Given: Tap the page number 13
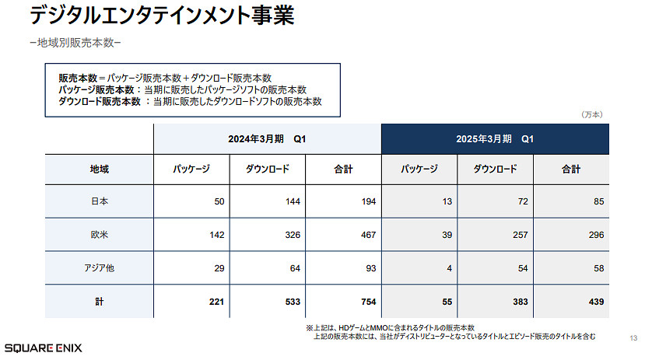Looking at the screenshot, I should coord(632,338).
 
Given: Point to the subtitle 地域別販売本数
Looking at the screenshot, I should coord(76,42).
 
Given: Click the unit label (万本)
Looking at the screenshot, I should coord(592,114).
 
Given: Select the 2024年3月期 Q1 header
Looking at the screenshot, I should coord(267,138).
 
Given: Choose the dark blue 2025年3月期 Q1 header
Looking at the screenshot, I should coord(494,138).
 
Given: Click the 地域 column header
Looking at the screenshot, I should coord(99,169).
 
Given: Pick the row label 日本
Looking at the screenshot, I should coord(99,201).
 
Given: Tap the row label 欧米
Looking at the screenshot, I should coord(99,234).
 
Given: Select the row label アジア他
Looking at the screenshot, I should coord(99,267).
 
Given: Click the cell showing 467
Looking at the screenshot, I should coord(363,234).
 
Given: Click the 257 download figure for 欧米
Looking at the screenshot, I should coord(517,234).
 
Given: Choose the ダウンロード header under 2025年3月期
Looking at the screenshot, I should coord(495,169).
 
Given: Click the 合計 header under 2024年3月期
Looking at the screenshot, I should coord(343,169).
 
